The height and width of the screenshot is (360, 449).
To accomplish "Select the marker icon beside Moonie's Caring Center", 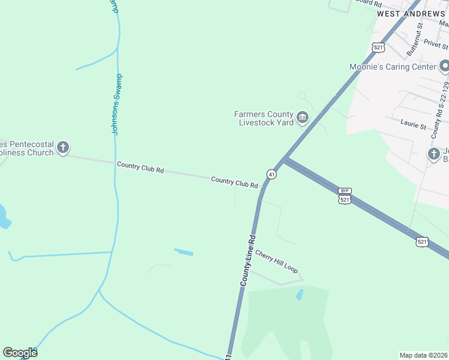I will (444, 65).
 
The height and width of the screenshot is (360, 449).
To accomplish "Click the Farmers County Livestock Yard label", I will (264, 118).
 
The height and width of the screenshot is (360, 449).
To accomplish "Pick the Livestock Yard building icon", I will (303, 118).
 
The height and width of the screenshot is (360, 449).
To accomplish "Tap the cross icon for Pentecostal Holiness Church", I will (62, 147).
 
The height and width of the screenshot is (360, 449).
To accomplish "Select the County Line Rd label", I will (249, 259).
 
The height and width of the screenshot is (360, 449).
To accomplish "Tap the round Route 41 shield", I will (272, 174).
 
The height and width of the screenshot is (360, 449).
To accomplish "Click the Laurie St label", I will (413, 125).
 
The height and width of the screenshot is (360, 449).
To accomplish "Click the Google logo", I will (20, 352).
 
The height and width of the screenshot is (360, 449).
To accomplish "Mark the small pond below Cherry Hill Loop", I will (299, 295).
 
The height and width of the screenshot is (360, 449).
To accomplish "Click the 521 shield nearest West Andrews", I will (378, 47).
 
